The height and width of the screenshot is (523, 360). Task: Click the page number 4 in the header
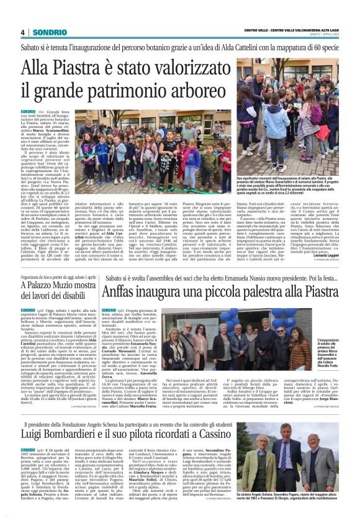point(22,32)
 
